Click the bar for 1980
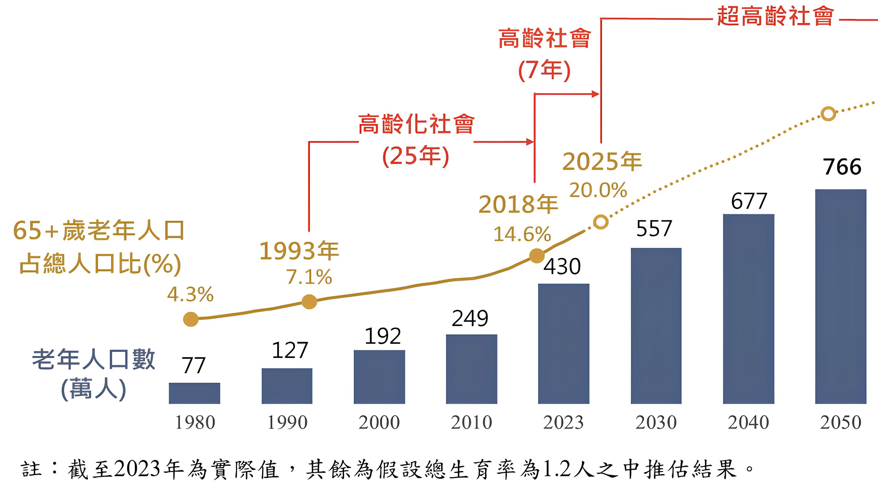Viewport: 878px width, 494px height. tap(194, 393)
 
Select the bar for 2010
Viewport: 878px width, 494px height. tap(471, 369)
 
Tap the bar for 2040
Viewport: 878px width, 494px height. tap(748, 309)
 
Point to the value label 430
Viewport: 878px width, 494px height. tap(562, 267)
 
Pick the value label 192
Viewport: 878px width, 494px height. tap(383, 337)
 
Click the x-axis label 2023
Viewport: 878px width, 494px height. tap(563, 423)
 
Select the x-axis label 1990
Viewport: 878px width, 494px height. tap(287, 423)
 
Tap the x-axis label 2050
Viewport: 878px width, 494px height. tap(841, 423)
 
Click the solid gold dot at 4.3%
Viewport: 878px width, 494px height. tap(191, 319)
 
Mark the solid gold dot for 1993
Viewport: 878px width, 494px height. tap(309, 302)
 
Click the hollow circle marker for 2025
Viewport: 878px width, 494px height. tap(601, 222)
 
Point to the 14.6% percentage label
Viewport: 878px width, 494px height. tap(522, 235)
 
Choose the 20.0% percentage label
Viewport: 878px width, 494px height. tap(598, 190)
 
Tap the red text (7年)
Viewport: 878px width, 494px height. tap(544, 70)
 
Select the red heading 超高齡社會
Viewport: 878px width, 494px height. tap(775, 16)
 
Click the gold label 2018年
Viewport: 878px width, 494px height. tap(518, 205)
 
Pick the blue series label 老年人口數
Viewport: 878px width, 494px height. tap(94, 360)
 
